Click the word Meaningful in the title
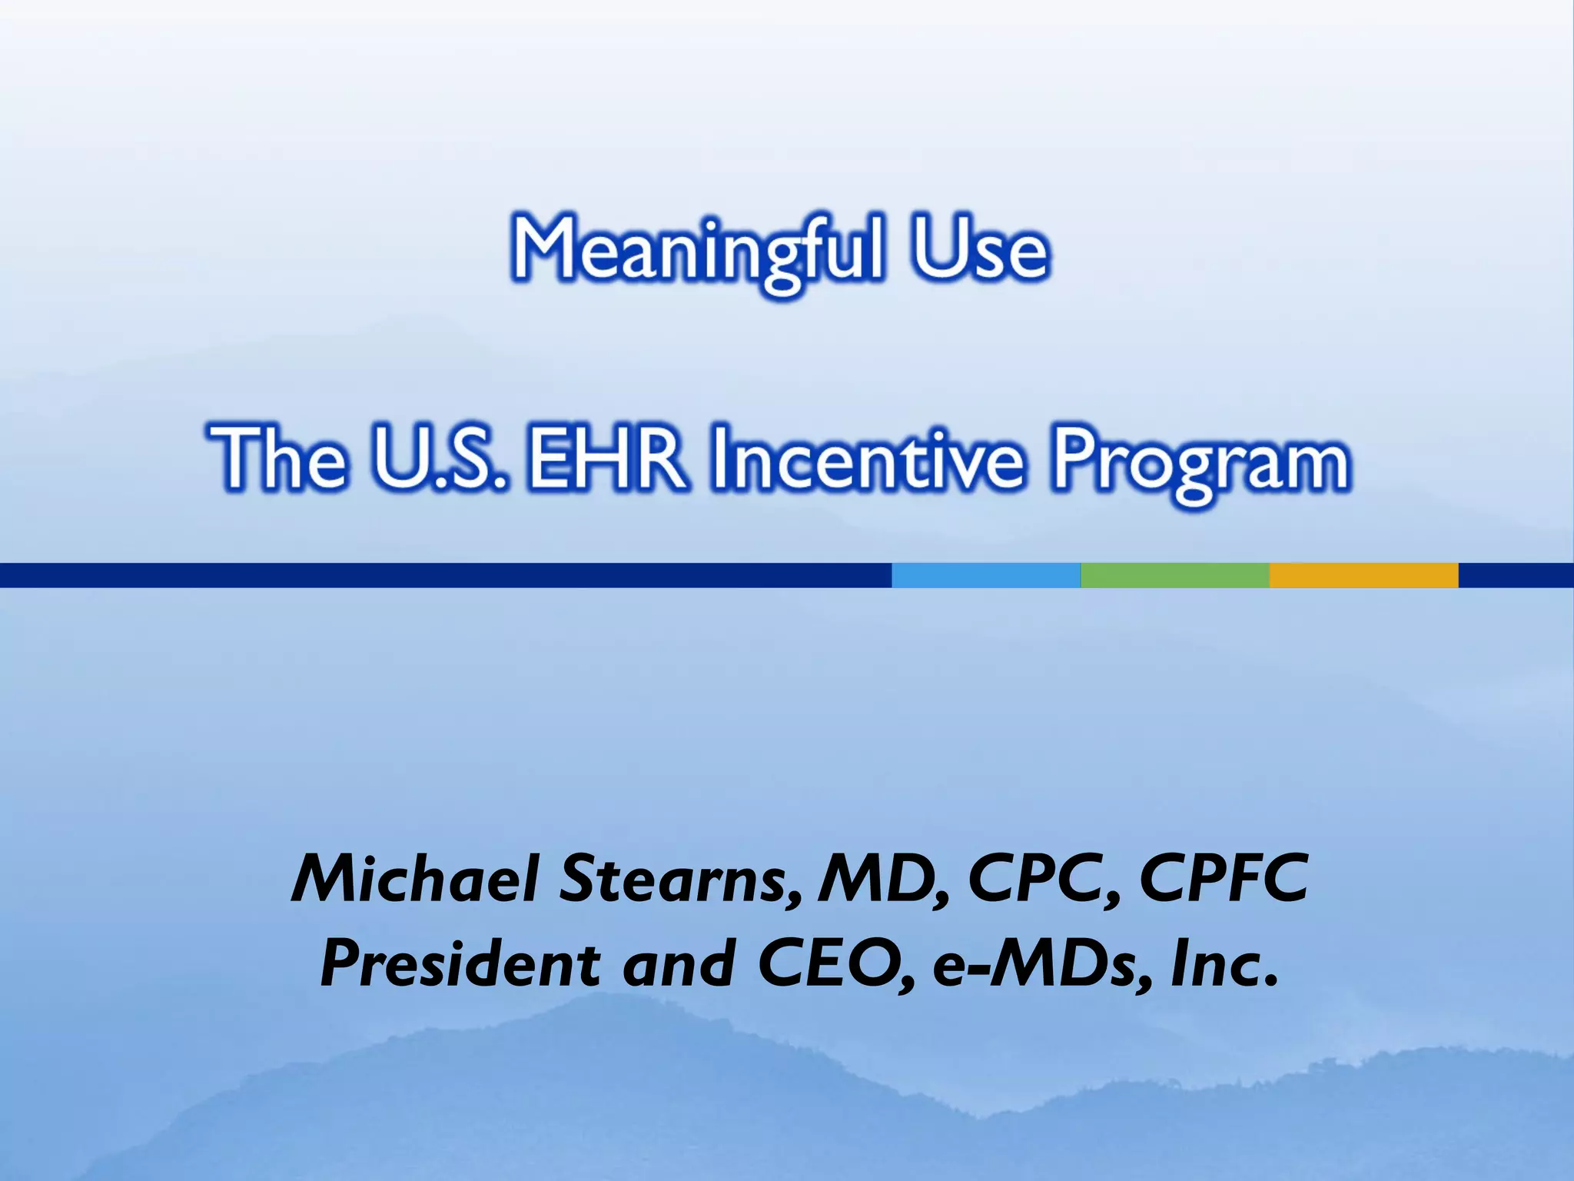tap(698, 250)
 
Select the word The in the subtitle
tap(277, 459)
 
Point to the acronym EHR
tap(607, 459)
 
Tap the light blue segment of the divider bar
tap(985, 575)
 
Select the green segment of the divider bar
tap(1174, 575)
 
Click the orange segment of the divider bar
tap(1363, 575)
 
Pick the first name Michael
tap(416, 878)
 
